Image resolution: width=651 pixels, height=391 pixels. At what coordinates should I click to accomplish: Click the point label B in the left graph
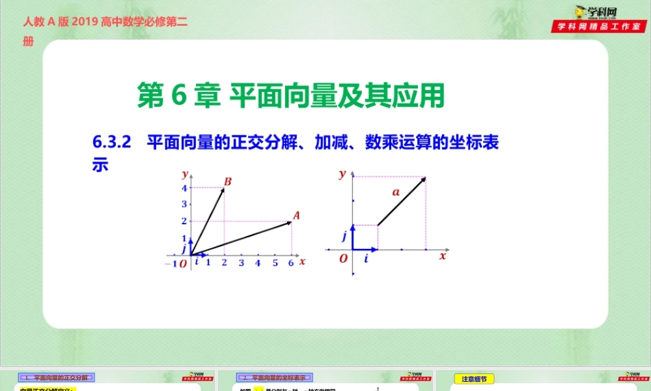228,181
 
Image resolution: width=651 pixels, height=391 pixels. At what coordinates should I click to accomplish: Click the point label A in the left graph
296,215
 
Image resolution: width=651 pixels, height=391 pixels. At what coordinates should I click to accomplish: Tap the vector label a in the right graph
395,192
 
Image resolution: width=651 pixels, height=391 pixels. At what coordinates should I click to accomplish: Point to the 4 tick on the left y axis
185,188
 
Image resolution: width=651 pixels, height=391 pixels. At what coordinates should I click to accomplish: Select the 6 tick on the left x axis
292,263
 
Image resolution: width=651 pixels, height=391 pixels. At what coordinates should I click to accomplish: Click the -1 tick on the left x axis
171,263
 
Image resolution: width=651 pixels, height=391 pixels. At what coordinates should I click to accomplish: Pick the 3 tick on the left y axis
185,205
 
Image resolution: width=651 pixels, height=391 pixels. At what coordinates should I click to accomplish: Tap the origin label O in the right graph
343,259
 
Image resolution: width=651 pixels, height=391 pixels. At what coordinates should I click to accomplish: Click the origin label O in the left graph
183,263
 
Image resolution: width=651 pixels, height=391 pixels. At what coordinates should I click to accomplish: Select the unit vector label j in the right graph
344,236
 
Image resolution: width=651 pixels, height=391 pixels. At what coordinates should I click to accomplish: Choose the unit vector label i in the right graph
366,259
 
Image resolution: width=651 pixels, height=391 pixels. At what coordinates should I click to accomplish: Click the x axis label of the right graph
443,256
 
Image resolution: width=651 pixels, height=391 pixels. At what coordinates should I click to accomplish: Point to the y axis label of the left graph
186,173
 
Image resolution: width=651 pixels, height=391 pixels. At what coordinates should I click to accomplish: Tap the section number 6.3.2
113,142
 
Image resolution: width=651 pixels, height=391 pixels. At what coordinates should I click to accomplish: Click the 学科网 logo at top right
590,12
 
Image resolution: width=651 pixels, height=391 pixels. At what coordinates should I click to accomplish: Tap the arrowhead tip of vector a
426,177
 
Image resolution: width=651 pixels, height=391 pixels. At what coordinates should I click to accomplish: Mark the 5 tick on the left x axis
275,263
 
